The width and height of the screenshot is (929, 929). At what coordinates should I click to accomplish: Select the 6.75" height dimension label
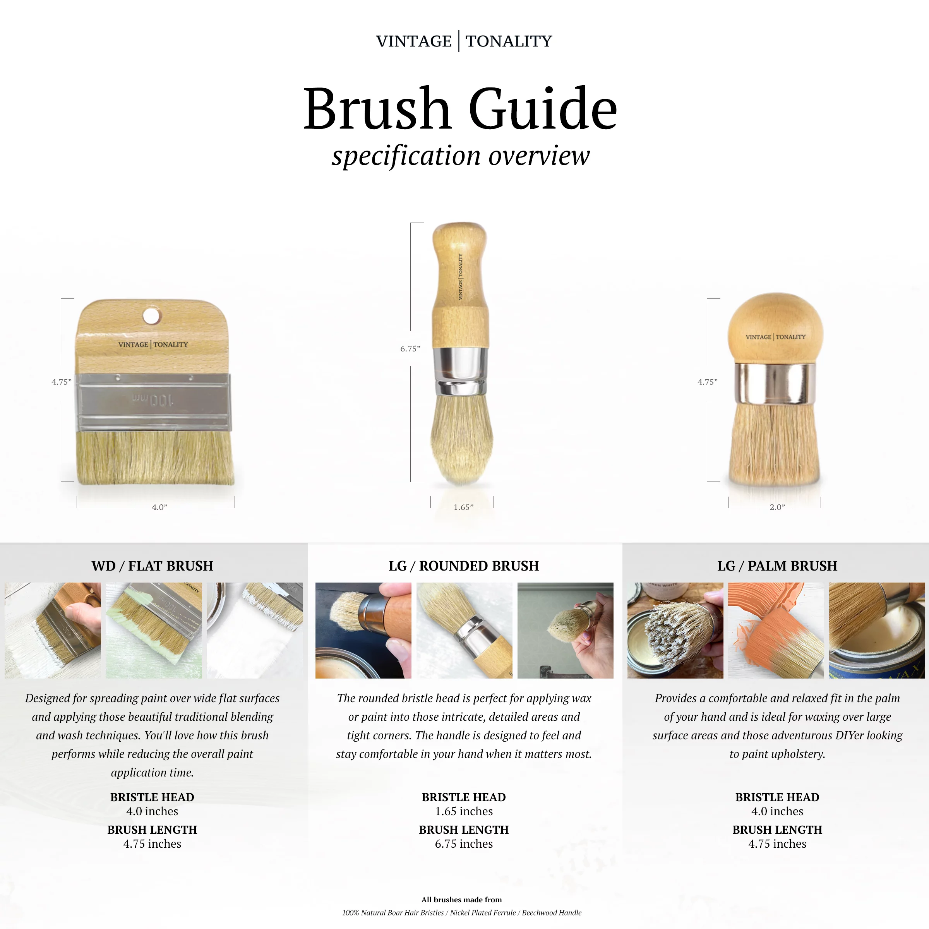(410, 349)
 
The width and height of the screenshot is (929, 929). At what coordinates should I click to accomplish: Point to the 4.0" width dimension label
(159, 507)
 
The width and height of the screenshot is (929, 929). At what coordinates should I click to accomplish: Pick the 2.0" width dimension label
(777, 507)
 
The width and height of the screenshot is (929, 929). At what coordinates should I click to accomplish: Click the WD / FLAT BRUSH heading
(153, 566)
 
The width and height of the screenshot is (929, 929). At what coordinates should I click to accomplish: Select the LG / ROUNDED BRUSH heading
(464, 566)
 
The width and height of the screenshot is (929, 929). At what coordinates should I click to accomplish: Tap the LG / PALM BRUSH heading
(777, 566)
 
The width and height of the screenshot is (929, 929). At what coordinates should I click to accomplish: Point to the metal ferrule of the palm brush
(775, 384)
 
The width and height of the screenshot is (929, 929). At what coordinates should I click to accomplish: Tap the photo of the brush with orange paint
(776, 631)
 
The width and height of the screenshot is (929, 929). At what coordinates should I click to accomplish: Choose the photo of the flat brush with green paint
(154, 631)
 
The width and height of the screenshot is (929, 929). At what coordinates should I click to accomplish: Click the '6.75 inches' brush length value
(464, 844)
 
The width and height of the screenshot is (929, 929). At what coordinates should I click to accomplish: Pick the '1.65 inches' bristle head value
(464, 811)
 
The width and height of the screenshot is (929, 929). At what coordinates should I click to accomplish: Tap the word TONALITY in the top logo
(509, 41)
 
